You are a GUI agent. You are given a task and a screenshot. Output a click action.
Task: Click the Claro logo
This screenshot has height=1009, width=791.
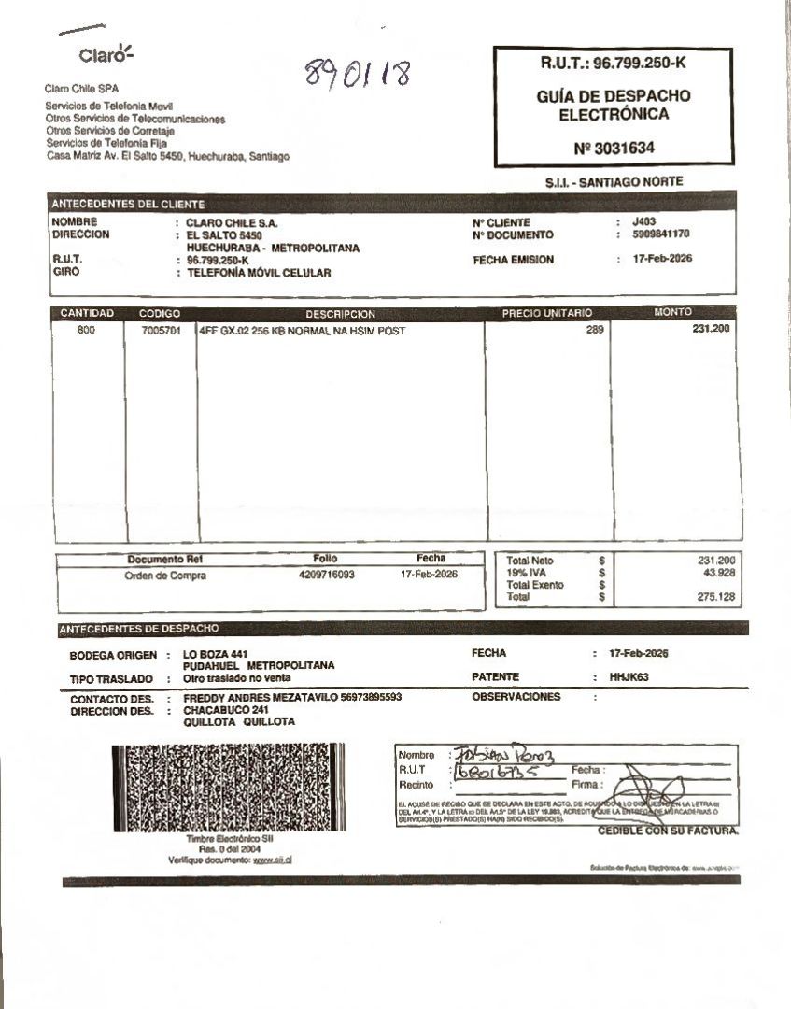tap(106, 54)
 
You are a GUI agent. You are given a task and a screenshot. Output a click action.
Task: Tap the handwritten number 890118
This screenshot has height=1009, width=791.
tap(358, 73)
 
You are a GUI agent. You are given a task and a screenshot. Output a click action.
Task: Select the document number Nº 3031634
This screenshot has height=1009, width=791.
tap(614, 148)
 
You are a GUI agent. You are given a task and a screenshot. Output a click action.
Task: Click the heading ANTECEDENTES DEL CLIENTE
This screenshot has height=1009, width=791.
tap(128, 204)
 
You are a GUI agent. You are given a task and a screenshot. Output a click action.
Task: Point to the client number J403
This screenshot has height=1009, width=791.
tap(644, 222)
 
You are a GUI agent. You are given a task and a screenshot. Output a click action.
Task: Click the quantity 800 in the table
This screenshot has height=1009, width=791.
tap(87, 331)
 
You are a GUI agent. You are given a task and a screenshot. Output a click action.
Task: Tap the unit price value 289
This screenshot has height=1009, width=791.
tap(595, 330)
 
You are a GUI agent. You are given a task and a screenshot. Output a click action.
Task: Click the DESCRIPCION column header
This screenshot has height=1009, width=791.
tap(340, 314)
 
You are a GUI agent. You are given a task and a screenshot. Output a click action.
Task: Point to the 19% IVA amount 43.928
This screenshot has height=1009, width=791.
tap(718, 573)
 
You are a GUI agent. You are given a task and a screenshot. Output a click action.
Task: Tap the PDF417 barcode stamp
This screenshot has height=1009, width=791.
tap(219, 788)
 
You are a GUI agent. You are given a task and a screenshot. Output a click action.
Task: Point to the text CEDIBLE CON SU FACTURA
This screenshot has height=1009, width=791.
tap(668, 831)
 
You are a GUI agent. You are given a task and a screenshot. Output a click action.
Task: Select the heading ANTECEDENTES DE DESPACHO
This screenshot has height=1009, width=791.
tap(138, 629)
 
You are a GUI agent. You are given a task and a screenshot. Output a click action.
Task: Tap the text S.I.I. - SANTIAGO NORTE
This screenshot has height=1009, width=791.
tap(614, 182)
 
